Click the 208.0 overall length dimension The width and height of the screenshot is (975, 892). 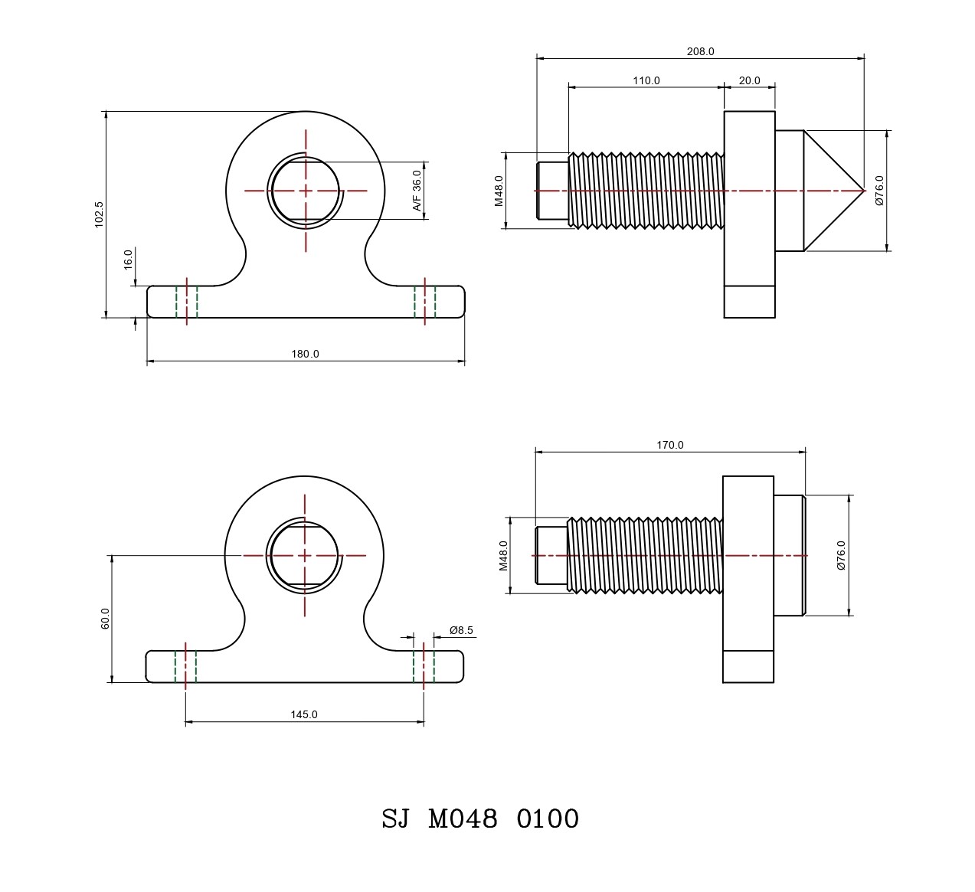coord(700,51)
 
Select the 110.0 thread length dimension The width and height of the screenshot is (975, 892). coord(646,80)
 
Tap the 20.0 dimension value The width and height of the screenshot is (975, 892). coord(749,80)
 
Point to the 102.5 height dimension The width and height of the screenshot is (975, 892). coord(99,214)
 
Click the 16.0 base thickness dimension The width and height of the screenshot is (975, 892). coord(129,258)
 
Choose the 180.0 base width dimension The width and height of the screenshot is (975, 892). coord(305,354)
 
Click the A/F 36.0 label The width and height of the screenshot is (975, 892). coord(417,191)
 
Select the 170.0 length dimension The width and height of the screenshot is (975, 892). coord(669,445)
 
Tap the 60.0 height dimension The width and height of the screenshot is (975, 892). coord(106,618)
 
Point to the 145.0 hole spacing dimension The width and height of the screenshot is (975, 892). coord(303,714)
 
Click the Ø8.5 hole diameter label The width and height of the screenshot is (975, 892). coord(461,630)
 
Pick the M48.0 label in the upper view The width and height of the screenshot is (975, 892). coord(499,191)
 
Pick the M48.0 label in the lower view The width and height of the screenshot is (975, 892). coord(503,555)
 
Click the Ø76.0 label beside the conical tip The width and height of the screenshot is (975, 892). coord(879,191)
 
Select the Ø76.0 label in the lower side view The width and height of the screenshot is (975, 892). coord(841,555)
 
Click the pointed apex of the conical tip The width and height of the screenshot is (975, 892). coord(863,191)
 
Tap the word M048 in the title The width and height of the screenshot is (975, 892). coord(463,819)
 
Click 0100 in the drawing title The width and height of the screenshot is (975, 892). coord(548,819)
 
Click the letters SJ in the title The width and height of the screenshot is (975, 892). coord(395,819)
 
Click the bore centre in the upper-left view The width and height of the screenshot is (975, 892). coord(306,191)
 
